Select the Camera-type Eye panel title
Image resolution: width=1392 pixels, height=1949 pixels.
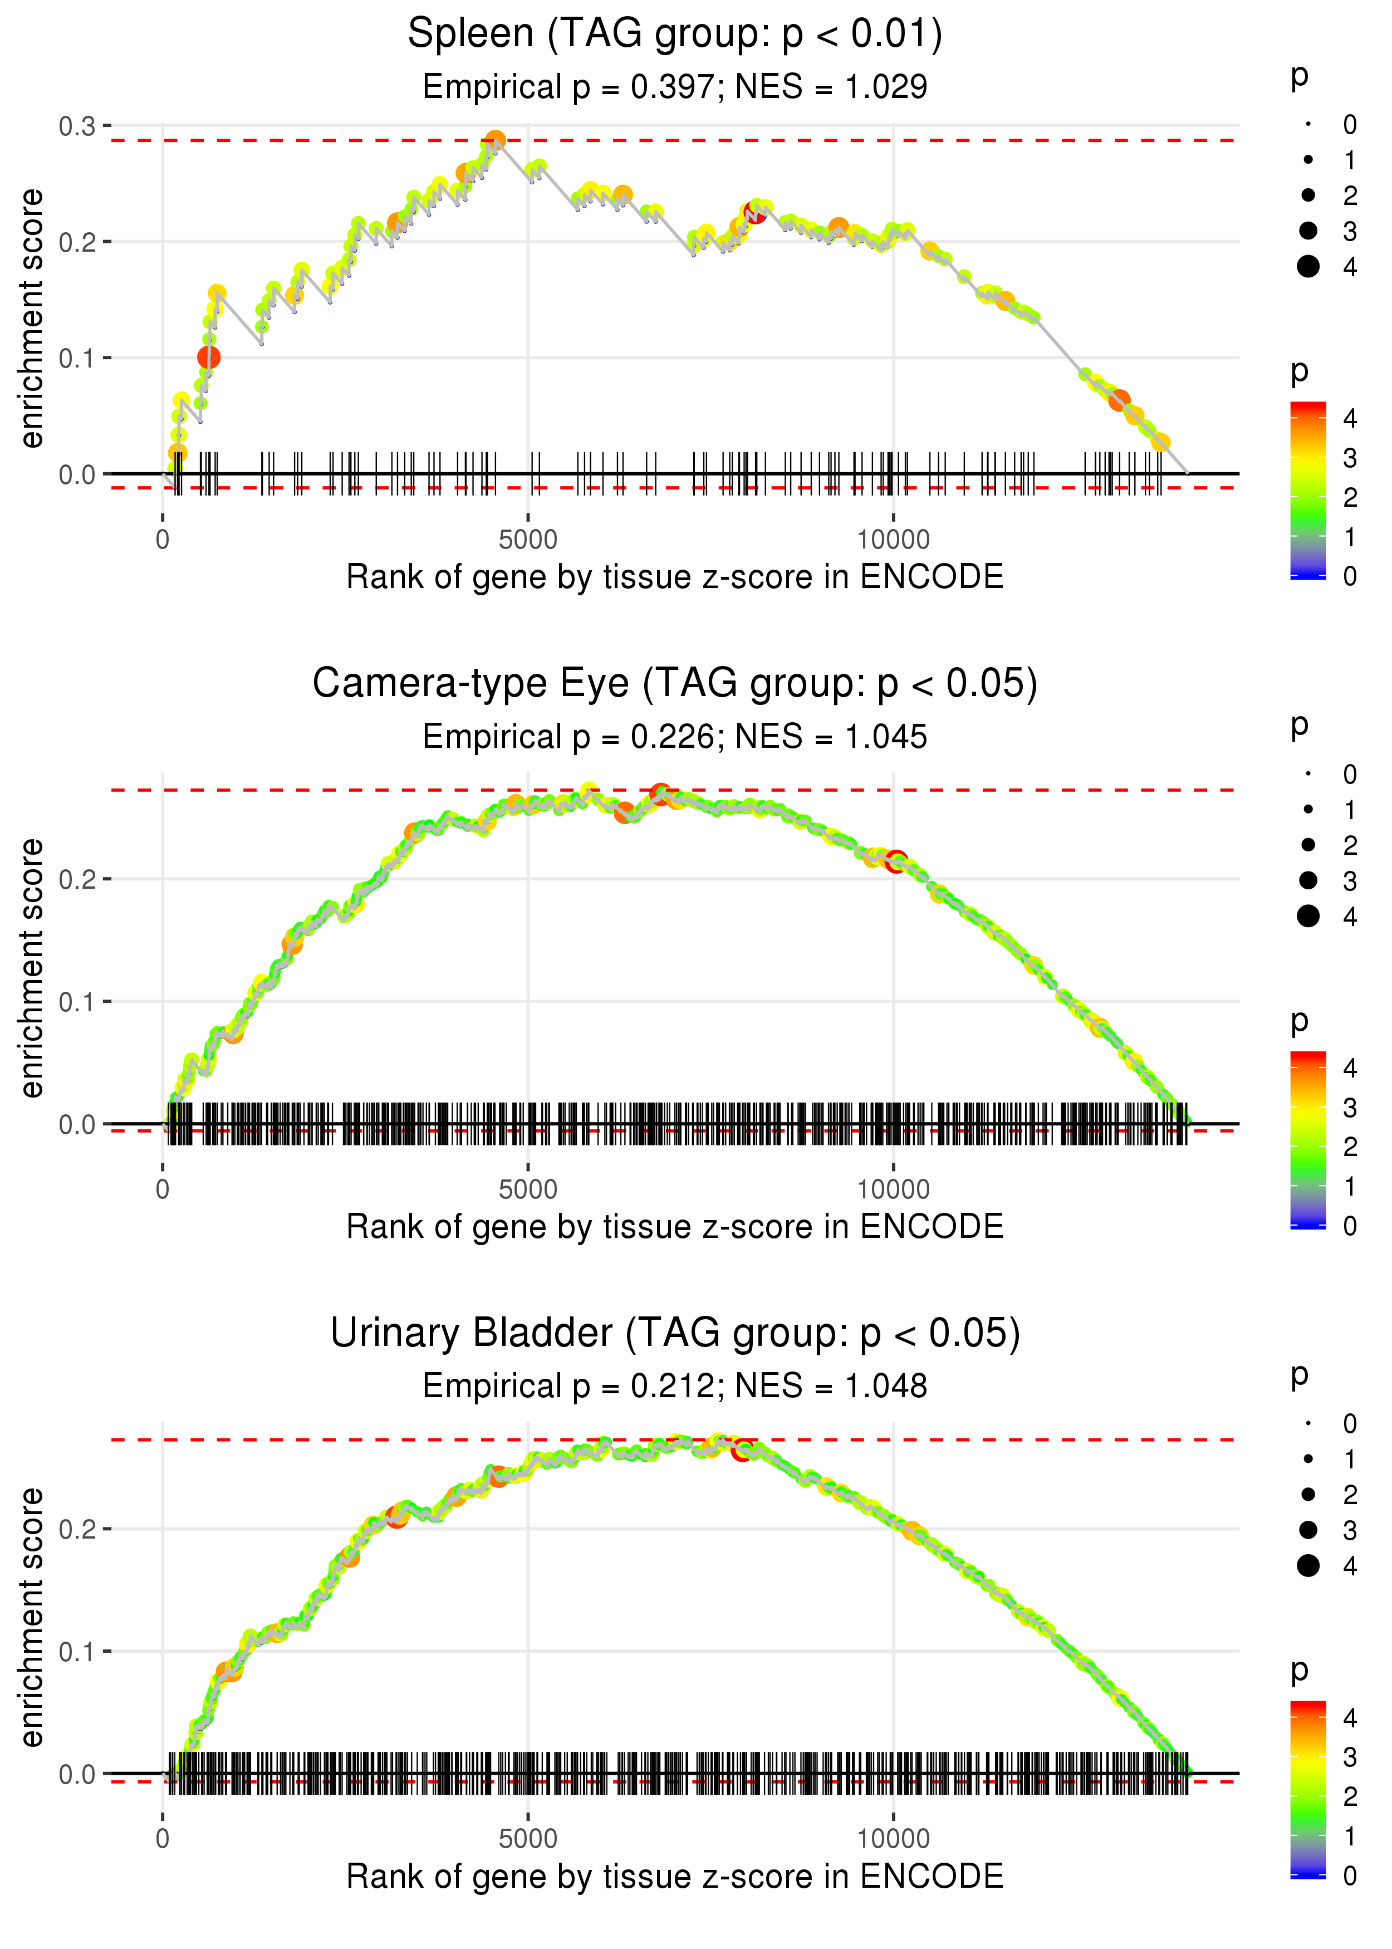coord(675,684)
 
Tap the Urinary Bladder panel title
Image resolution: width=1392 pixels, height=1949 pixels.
coord(675,1334)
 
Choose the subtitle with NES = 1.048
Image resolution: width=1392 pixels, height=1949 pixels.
coord(675,1387)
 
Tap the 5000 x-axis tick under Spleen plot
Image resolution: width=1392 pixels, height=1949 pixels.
coord(527,540)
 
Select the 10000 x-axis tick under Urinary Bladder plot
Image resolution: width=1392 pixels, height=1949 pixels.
coord(893,1839)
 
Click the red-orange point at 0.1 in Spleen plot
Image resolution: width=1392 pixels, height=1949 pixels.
coord(208,358)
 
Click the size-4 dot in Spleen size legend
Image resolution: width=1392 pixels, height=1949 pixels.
coord(1308,267)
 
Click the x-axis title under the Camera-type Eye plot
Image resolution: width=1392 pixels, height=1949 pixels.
coord(675,1227)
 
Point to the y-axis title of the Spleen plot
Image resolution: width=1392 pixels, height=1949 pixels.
coord(32,319)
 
